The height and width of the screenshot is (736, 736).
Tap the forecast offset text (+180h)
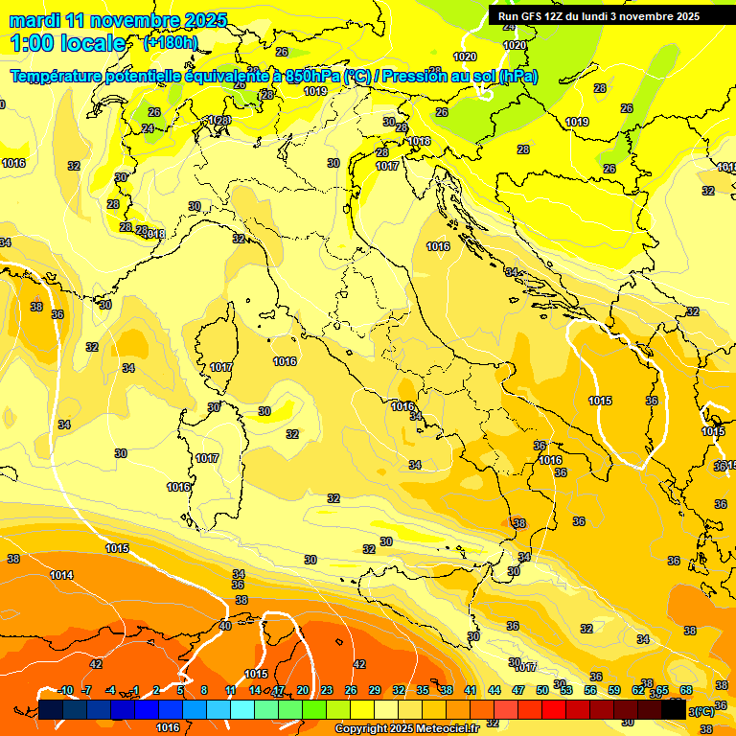point(170,42)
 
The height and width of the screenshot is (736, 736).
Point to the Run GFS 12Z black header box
point(599,15)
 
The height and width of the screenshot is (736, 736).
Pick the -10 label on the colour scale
point(66,690)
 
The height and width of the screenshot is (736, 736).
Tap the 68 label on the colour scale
point(686,690)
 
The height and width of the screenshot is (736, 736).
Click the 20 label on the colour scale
point(303,690)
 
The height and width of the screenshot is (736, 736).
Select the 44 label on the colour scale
point(494,690)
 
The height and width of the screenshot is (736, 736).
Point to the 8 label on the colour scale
point(204,690)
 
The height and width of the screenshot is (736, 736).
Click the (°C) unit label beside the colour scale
point(701,711)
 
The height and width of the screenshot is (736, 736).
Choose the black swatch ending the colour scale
point(674,710)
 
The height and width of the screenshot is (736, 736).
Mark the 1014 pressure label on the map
point(61,575)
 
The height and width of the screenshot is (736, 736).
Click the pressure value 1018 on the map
point(419,141)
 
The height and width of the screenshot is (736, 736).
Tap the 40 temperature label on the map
point(225,625)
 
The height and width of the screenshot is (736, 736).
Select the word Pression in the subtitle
point(418,77)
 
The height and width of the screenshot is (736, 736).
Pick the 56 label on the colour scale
point(590,690)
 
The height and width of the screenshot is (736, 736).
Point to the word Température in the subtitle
point(57,77)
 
